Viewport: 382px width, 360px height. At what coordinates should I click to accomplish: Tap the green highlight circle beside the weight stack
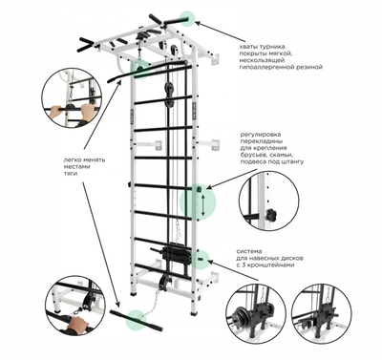pyautogui.click(x=200, y=258)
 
